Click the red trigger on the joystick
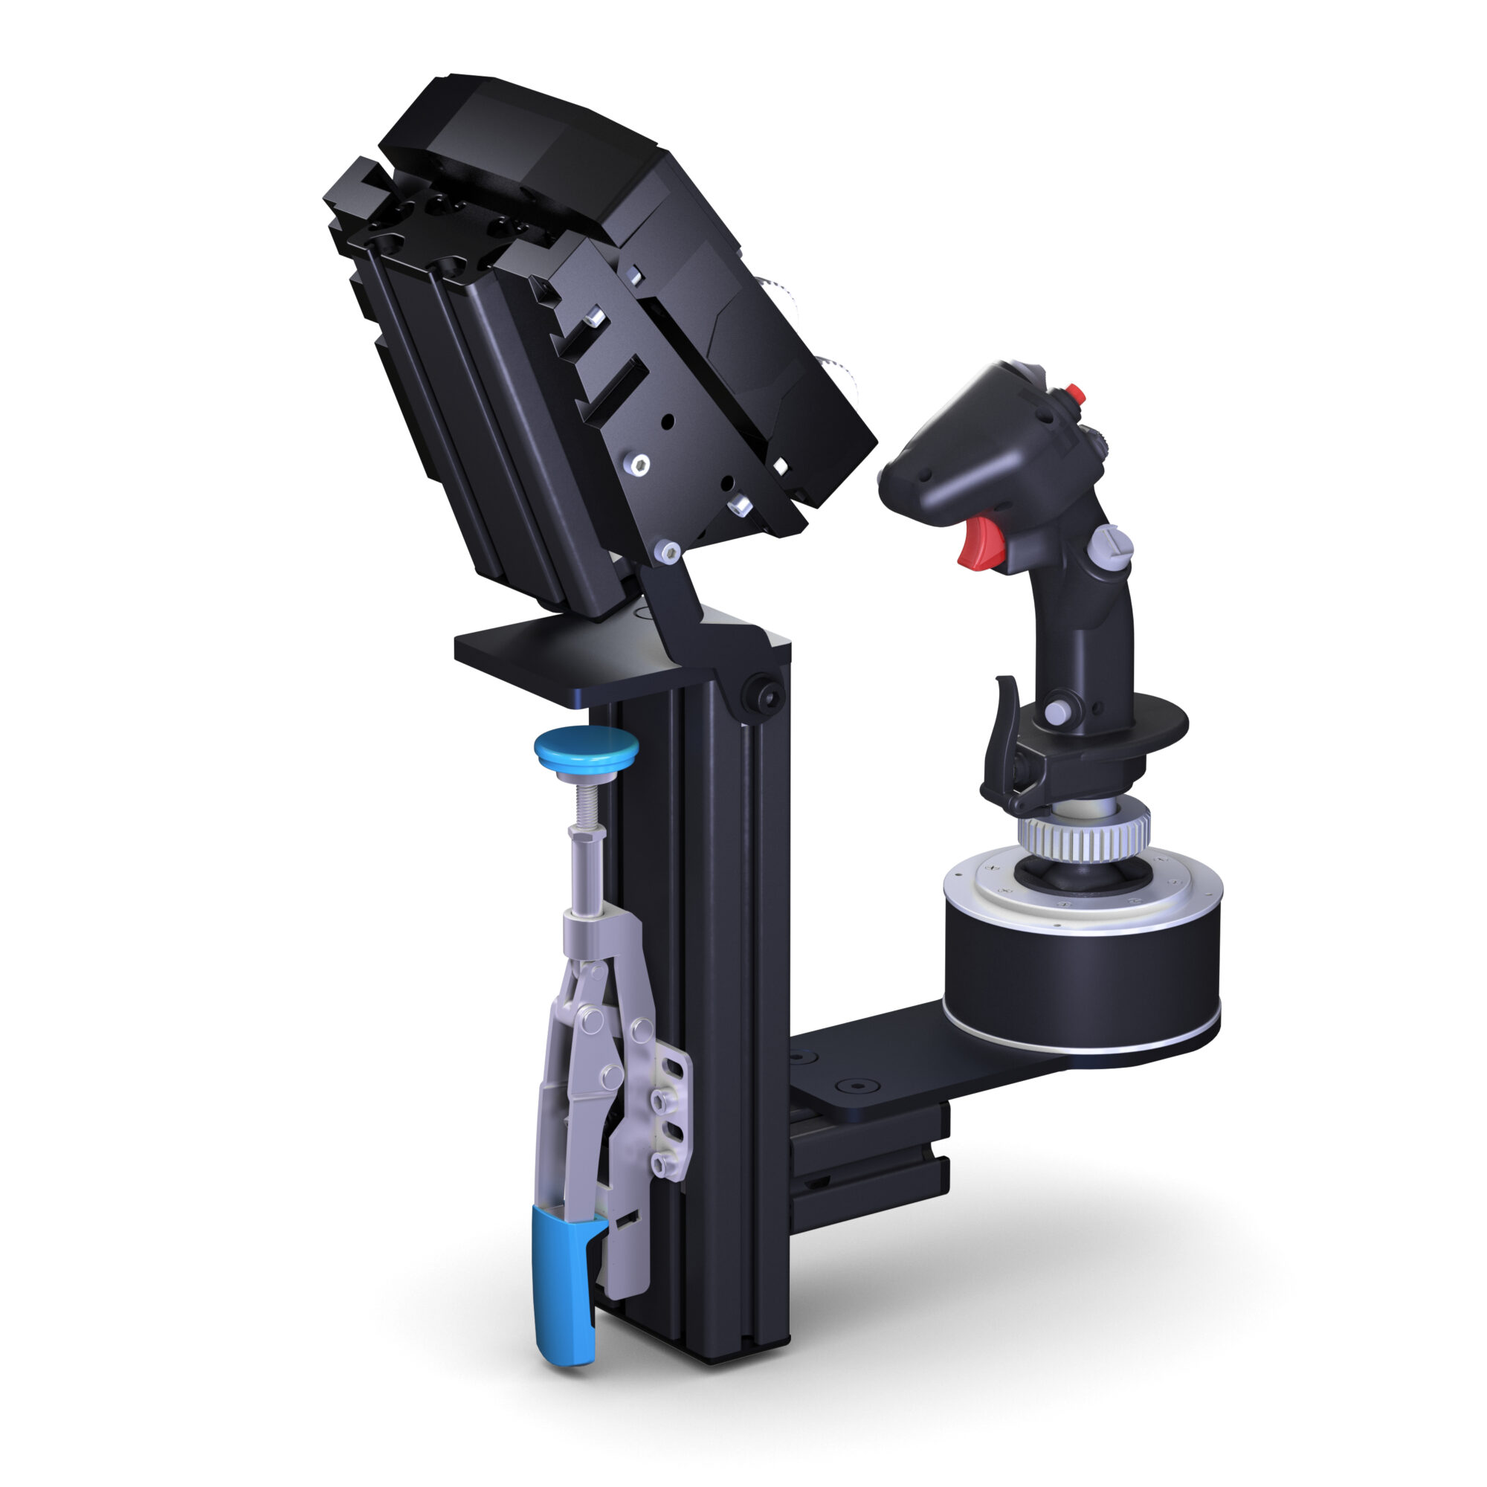pyautogui.click(x=978, y=543)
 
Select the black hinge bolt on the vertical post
pyautogui.click(x=761, y=697)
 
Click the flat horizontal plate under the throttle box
pyautogui.click(x=539, y=658)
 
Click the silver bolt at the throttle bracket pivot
pyautogui.click(x=666, y=551)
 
